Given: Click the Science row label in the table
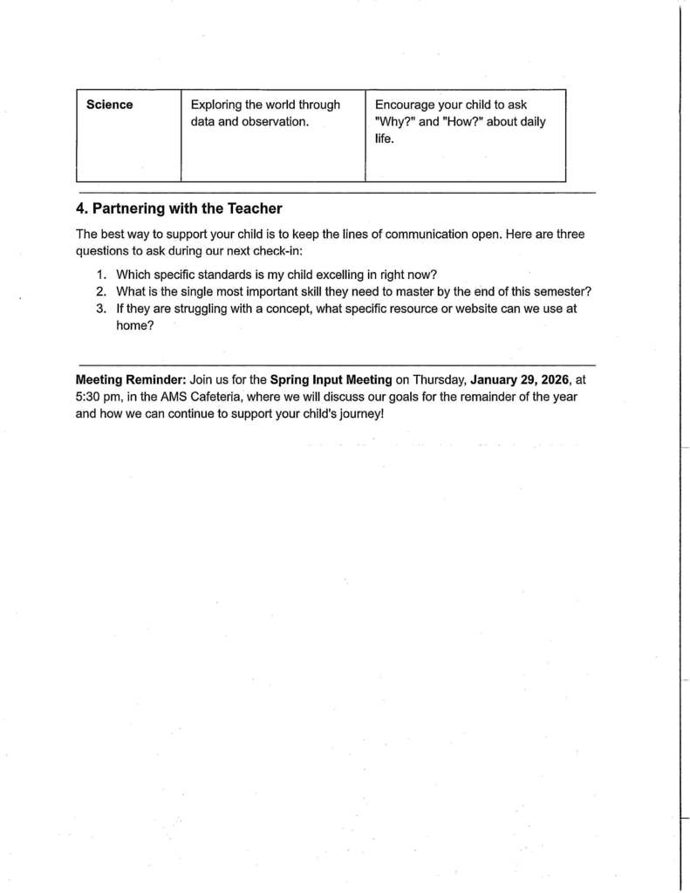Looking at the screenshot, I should click(110, 105).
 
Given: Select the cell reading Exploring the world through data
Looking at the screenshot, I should click(265, 113).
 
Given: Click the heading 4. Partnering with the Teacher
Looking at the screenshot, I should click(179, 208).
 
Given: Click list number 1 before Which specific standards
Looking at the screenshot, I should click(101, 274).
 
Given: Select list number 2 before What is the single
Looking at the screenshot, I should click(101, 291).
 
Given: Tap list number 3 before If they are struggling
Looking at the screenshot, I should click(101, 309).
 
